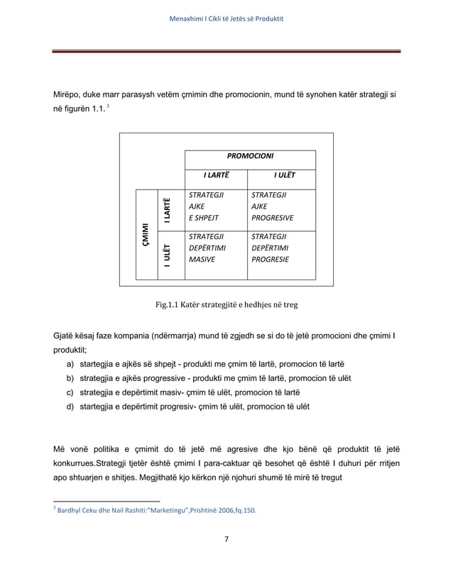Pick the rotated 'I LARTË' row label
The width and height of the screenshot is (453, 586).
click(167, 209)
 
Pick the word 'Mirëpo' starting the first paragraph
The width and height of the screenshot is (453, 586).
click(69, 94)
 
